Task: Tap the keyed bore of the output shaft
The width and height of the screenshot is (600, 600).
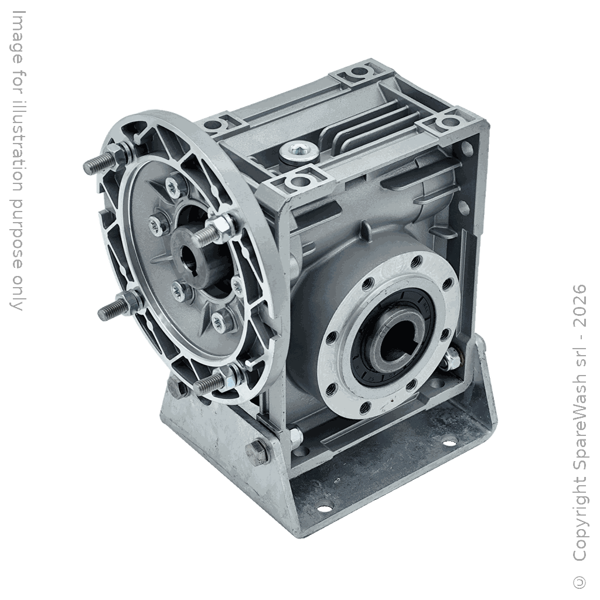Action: pyautogui.click(x=394, y=335)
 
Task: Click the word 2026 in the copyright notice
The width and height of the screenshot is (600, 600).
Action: pyautogui.click(x=579, y=306)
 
